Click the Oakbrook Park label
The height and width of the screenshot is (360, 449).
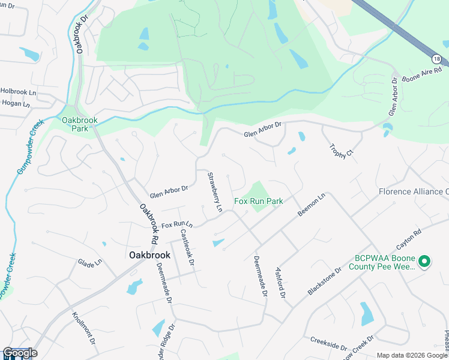click(x=75, y=124)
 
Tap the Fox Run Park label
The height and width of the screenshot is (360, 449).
click(x=258, y=202)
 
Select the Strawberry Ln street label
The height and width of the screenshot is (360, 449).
click(x=215, y=192)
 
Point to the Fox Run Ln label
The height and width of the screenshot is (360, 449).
click(x=177, y=224)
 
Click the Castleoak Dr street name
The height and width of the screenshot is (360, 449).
click(x=187, y=248)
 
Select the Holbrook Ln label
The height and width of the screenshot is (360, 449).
click(x=19, y=92)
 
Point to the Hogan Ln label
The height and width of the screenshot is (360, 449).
click(x=16, y=104)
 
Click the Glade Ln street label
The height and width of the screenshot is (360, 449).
click(x=90, y=263)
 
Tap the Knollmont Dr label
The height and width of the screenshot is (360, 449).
click(x=84, y=327)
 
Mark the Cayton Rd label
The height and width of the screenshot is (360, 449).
click(x=409, y=239)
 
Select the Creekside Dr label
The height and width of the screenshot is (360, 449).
click(x=329, y=344)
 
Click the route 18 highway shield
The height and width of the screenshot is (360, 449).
click(x=436, y=58)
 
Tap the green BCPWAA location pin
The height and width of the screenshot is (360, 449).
click(x=424, y=261)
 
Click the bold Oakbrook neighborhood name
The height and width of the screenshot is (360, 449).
click(x=149, y=254)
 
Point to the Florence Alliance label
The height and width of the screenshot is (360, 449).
click(x=414, y=192)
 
